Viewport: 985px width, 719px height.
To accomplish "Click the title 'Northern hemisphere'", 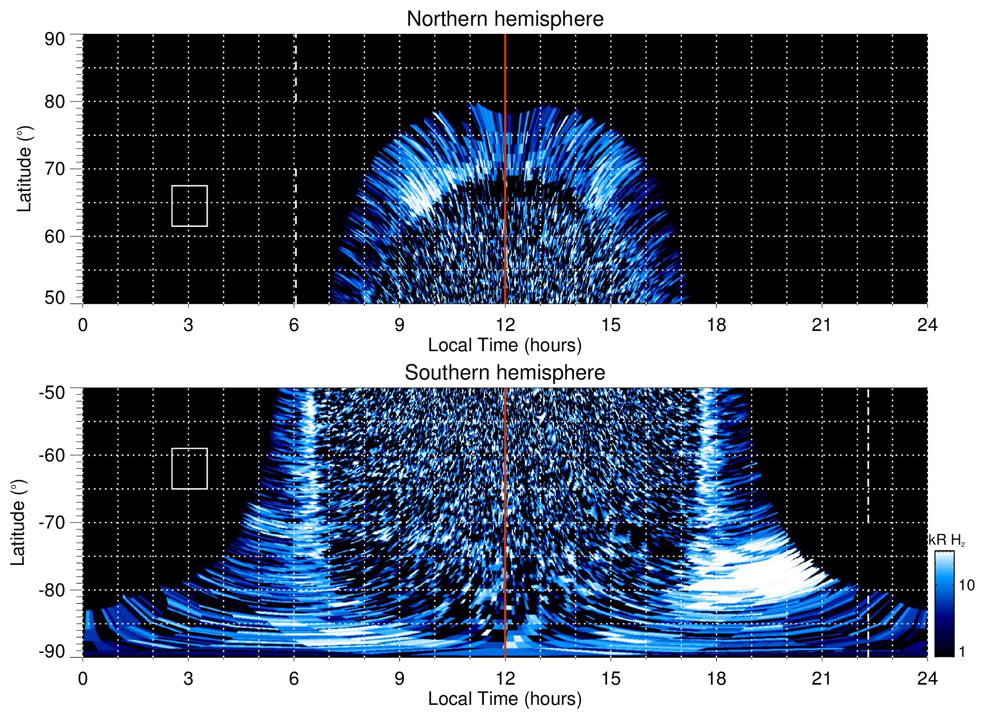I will (x=505, y=19).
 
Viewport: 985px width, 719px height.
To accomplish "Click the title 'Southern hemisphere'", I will (x=505, y=373).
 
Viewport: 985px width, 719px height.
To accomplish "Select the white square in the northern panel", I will (x=189, y=206).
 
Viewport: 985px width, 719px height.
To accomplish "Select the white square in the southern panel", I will (x=189, y=468).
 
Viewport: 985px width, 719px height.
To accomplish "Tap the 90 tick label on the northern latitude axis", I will (x=55, y=39).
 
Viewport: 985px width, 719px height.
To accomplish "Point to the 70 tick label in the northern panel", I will (x=55, y=169).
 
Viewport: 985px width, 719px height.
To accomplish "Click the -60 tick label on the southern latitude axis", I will (x=52, y=455).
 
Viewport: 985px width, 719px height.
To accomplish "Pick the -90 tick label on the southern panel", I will (x=52, y=652).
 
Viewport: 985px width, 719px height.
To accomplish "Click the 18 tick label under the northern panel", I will (x=716, y=325).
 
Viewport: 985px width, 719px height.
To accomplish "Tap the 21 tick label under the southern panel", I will (x=822, y=679).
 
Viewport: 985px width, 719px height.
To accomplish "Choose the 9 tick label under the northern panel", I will (x=400, y=325).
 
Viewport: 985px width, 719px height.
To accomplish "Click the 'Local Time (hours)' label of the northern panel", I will (x=505, y=345).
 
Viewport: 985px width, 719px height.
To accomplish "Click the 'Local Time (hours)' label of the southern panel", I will (x=505, y=699).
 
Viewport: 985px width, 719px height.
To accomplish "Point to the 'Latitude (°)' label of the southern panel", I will (x=18, y=522).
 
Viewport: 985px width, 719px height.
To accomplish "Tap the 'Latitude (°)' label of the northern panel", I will (x=24, y=169).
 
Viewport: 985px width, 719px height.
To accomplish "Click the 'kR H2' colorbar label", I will (x=947, y=540).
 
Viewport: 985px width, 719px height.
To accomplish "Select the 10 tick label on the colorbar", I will (x=966, y=585).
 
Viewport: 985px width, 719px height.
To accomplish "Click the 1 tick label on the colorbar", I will (x=962, y=652).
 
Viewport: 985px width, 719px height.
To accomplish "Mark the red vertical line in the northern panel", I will (x=505, y=152).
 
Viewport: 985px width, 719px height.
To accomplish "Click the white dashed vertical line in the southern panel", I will (x=868, y=455).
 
